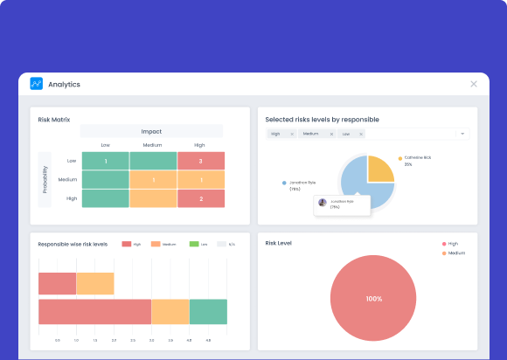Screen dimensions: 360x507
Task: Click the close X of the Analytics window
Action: [x=474, y=84]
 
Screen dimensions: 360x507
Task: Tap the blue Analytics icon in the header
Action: [x=36, y=84]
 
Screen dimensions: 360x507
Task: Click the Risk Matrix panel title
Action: [x=54, y=119]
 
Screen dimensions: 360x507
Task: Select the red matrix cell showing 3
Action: [x=200, y=161]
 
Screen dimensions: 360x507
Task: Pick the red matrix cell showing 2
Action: [x=200, y=198]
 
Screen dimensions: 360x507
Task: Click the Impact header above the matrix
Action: [x=151, y=131]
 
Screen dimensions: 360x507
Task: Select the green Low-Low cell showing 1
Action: [x=105, y=161]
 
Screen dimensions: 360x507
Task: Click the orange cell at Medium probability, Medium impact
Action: [x=153, y=180]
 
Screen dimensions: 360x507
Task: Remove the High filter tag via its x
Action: [x=291, y=134]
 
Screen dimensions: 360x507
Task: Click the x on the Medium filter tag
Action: [x=331, y=134]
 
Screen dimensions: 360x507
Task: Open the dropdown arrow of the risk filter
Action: [x=462, y=134]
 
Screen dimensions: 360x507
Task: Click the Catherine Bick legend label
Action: [x=417, y=158]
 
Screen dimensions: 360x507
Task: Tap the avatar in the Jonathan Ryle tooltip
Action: [x=323, y=202]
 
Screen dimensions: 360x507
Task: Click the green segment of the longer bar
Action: [x=208, y=312]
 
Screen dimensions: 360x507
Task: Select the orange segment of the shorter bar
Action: [x=95, y=283]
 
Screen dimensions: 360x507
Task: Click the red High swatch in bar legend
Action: [x=127, y=244]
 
